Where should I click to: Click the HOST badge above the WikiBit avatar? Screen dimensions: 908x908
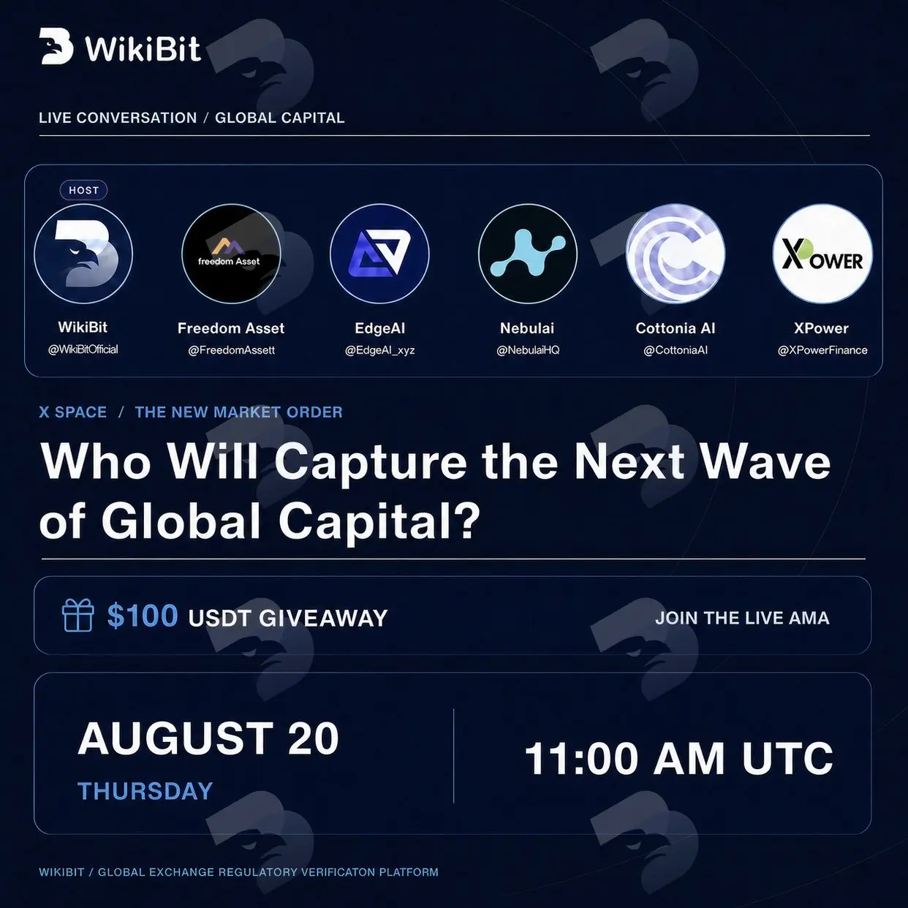[83, 190]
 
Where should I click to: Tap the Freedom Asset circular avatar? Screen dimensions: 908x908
[231, 254]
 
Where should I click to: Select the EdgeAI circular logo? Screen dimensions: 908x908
[379, 254]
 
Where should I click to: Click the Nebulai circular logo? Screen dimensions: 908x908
[527, 254]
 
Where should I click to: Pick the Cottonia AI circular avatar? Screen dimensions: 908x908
[676, 254]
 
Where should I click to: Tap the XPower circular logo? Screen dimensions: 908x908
[822, 254]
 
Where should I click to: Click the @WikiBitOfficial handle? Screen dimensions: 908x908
[83, 349]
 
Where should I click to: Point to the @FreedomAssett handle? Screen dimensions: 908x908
[231, 351]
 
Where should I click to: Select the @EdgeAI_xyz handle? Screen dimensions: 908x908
[379, 351]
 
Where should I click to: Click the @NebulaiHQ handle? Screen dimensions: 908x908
[528, 351]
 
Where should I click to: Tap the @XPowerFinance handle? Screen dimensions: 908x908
[822, 351]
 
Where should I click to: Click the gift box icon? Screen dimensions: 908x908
[77, 615]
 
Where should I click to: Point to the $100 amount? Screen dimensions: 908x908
[143, 616]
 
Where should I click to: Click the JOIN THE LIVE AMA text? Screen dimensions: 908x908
[742, 618]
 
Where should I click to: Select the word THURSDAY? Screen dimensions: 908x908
[145, 791]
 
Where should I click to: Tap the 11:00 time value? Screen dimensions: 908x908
[582, 759]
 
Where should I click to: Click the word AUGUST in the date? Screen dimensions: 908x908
[175, 738]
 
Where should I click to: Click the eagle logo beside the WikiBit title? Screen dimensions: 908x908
[56, 46]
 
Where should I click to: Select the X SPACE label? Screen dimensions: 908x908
[73, 412]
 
